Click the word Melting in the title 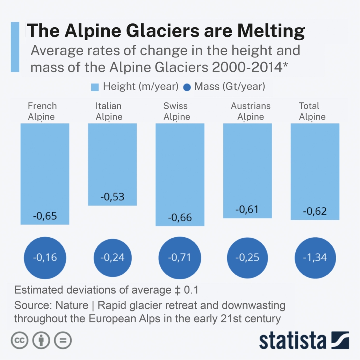point(271,31)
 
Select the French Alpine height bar point(45,168)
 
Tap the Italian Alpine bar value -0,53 point(113,197)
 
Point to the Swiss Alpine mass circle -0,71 point(180,258)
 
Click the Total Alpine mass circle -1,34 point(315,258)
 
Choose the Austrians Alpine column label point(251,111)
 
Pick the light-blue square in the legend point(95,87)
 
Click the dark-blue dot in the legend point(187,87)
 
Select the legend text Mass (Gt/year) point(230,86)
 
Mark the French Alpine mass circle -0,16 point(45,258)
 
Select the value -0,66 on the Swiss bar point(180,217)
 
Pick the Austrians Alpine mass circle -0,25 point(248,258)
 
